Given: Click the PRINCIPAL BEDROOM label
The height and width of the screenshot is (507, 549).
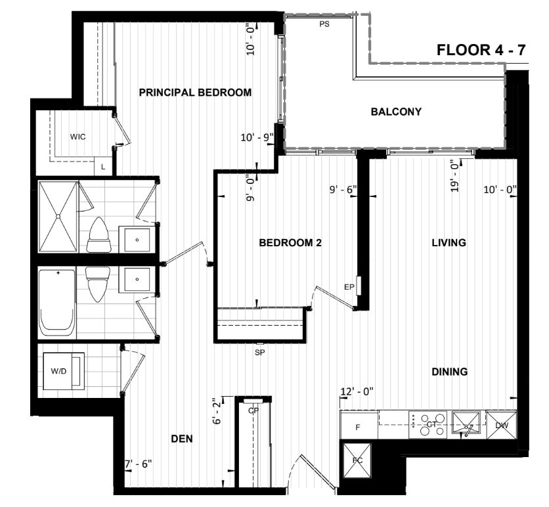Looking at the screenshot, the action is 196,93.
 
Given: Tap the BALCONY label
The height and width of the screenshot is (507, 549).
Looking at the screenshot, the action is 396,112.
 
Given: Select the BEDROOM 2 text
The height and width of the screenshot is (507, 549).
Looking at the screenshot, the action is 290,242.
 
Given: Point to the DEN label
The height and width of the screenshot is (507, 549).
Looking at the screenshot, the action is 182,439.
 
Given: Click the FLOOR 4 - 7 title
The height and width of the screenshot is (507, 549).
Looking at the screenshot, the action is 481,50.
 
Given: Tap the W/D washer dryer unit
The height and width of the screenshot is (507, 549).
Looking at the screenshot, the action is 64,371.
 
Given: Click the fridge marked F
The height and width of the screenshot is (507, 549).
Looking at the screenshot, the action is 359,426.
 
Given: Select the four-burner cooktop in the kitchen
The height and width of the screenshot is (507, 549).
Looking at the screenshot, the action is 428,424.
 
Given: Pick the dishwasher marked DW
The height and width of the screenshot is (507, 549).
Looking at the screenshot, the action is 501,426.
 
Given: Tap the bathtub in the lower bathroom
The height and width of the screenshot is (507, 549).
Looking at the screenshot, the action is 56,303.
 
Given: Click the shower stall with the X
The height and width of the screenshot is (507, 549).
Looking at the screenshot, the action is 58,216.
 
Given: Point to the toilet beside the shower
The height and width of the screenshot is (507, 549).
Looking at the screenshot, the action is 99,235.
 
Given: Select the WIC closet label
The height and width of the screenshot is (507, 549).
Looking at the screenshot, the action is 77,137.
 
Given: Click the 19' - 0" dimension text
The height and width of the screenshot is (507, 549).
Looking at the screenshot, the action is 454,176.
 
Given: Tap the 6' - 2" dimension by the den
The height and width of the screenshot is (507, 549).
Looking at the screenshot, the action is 217,411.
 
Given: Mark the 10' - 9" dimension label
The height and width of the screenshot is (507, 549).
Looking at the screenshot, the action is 257,138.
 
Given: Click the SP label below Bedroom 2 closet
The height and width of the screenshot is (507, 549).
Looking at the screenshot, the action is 260,353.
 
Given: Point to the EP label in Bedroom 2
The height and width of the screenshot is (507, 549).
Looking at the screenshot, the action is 349,287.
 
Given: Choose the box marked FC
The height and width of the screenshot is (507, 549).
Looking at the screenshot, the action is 357,460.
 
